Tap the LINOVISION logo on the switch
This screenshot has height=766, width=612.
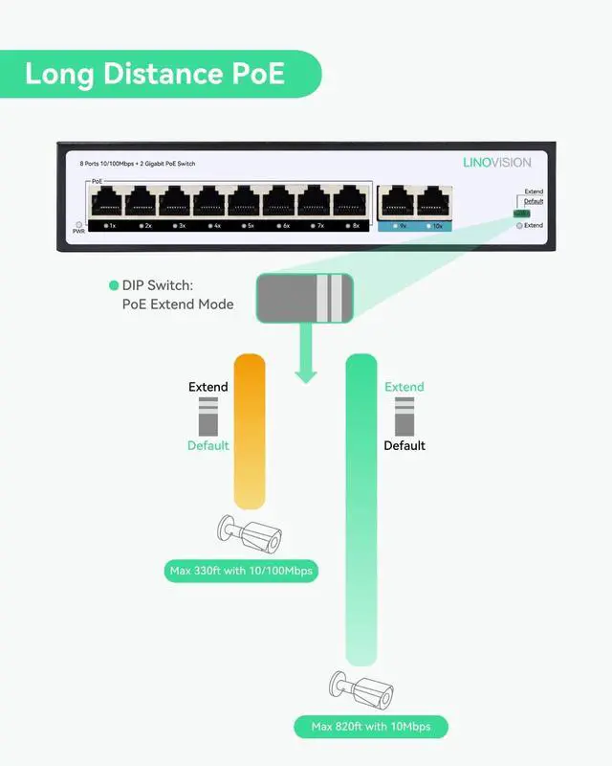(496, 163)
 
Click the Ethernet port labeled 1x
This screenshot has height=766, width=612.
(105, 202)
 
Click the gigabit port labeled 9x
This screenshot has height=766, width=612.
(396, 202)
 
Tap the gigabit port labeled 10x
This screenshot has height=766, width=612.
(432, 202)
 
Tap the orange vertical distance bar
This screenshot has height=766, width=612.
(249, 431)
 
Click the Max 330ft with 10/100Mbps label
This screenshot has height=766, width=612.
(241, 572)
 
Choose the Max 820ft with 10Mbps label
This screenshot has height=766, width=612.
(371, 727)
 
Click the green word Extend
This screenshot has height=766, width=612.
(404, 387)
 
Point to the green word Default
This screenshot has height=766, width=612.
(208, 445)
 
